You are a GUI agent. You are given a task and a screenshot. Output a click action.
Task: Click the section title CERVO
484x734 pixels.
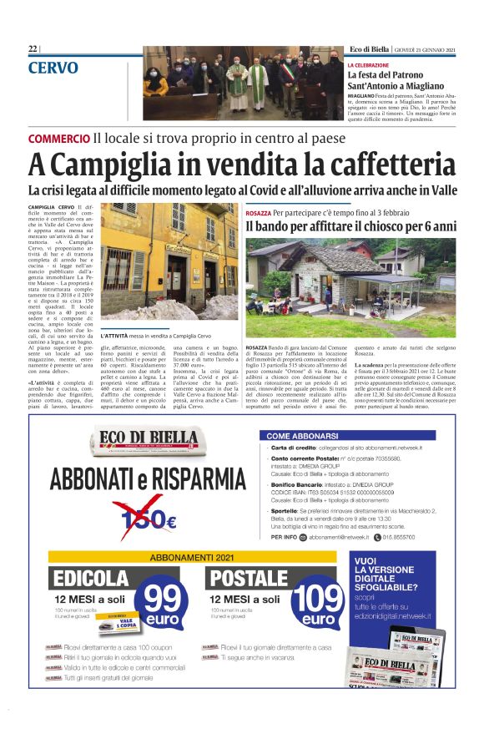tap(53, 68)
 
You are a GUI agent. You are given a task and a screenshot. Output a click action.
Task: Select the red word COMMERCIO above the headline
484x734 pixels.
tap(58, 138)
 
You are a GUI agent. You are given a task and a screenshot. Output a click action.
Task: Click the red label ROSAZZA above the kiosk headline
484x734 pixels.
tap(257, 213)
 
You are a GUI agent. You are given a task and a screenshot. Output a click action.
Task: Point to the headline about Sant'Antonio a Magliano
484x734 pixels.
tap(397, 81)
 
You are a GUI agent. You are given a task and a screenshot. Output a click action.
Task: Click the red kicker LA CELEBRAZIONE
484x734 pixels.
tap(368, 64)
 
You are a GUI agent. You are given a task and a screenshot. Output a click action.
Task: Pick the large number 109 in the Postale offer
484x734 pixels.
tap(318, 599)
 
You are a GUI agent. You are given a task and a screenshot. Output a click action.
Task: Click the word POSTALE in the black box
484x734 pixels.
tap(250, 579)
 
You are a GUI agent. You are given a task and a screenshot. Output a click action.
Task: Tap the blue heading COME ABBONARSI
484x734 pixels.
tap(301, 436)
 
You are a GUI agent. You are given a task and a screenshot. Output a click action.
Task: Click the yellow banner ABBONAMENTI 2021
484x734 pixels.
tap(191, 556)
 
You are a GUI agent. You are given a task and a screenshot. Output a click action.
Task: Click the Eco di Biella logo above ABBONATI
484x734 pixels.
tap(145, 440)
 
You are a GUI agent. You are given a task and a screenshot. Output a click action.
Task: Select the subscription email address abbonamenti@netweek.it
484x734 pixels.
tap(330, 537)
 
